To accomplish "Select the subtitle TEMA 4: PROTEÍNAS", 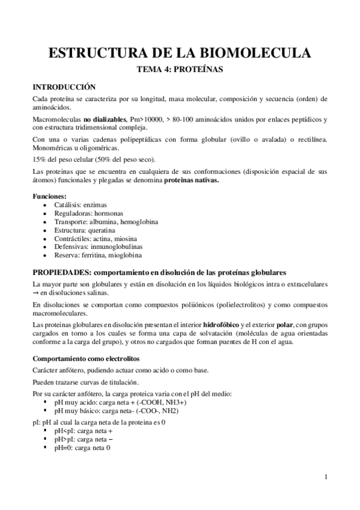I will pos(180,69).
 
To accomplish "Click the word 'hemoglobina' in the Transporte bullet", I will pos(139,222).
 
